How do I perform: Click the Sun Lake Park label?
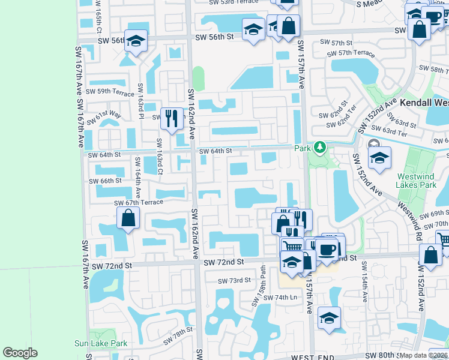coord(101,343)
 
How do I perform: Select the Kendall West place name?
coord(424,103)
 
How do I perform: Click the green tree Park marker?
coord(320,147)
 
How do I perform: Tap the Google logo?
coord(20,353)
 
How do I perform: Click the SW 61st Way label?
coord(103,115)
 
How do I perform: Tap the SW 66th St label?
coord(105,181)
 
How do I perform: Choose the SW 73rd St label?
coord(234,281)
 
